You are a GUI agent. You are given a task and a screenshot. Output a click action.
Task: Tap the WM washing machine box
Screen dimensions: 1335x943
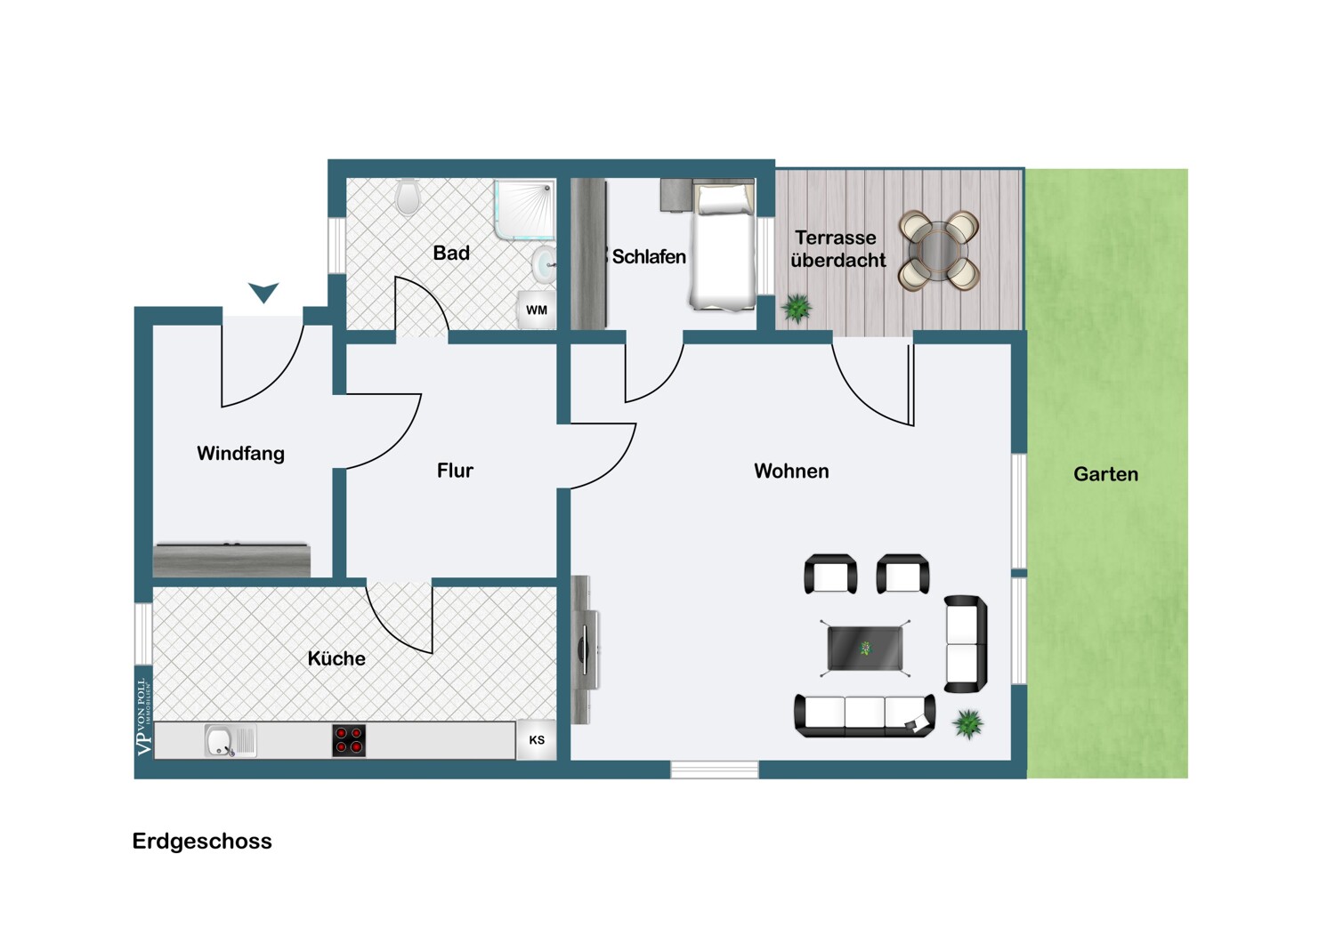click(537, 310)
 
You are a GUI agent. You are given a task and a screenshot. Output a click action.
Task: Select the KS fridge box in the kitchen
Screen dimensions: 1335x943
click(537, 740)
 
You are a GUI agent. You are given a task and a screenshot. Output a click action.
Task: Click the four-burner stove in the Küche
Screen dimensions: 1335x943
click(349, 740)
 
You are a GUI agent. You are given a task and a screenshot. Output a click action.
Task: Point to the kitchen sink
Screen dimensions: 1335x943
click(230, 740)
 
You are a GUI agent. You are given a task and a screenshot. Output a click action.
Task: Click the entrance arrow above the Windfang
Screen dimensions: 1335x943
click(263, 293)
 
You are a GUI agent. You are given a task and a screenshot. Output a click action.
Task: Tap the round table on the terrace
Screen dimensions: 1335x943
click(939, 250)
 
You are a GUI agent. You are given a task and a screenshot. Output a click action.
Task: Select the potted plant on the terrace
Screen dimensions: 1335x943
click(797, 309)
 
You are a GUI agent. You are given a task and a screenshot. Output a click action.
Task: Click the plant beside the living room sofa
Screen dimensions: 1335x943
click(968, 724)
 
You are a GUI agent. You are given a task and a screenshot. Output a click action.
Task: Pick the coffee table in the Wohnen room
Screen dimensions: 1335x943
click(865, 649)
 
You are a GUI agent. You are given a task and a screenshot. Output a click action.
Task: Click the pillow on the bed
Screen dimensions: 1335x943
click(724, 200)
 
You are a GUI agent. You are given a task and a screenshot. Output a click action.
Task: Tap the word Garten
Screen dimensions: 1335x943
click(1105, 474)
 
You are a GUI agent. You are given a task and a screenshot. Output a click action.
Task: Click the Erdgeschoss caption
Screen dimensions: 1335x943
click(202, 841)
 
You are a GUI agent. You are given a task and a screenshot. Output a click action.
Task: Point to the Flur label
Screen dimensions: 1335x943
click(455, 471)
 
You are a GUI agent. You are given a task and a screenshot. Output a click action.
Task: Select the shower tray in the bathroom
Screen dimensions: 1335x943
click(524, 210)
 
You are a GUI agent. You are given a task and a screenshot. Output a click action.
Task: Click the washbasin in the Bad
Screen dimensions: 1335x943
click(544, 264)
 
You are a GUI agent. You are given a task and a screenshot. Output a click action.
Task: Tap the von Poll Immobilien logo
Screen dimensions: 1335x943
click(143, 717)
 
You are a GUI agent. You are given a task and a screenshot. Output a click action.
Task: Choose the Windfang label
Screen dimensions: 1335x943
click(241, 454)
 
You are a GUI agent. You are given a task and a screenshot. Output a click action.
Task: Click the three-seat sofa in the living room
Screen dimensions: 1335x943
click(865, 716)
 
